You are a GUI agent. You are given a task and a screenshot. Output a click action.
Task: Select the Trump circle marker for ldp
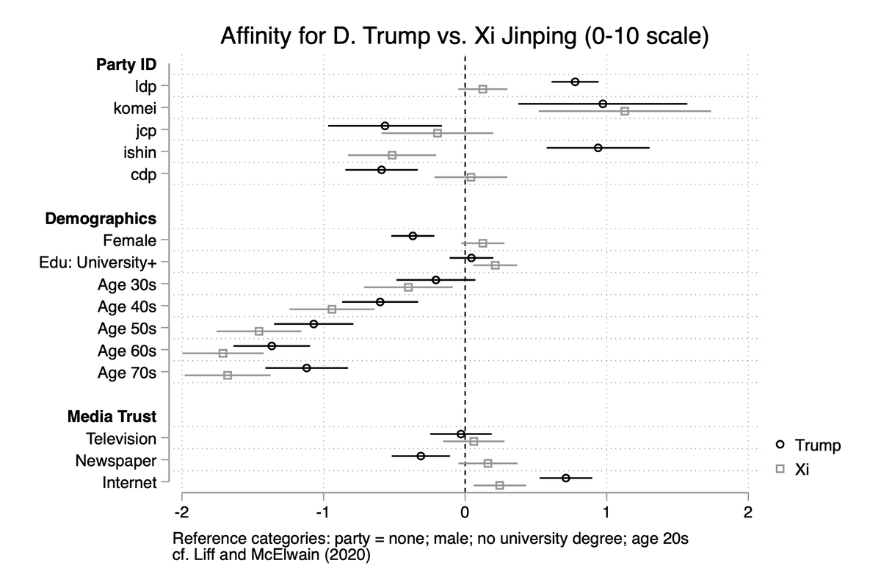575,82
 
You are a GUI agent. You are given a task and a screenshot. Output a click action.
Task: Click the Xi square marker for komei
625,111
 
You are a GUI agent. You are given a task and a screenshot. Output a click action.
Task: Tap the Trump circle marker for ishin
598,148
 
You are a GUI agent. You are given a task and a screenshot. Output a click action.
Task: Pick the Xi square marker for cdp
471,177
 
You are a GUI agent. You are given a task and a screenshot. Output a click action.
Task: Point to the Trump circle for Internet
565,478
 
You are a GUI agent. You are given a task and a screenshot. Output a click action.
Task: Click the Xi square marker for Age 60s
223,354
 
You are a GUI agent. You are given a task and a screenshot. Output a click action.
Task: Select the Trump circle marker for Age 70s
306,367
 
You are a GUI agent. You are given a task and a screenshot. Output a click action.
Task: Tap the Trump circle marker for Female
413,236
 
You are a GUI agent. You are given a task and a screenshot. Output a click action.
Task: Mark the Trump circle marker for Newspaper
421,456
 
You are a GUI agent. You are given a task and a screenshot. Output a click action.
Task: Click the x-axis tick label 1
606,512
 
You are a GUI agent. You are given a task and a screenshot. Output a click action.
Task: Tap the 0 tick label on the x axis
465,512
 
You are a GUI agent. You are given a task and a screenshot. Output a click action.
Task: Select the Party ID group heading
126,64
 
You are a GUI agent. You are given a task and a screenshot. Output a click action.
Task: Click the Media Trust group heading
112,417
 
